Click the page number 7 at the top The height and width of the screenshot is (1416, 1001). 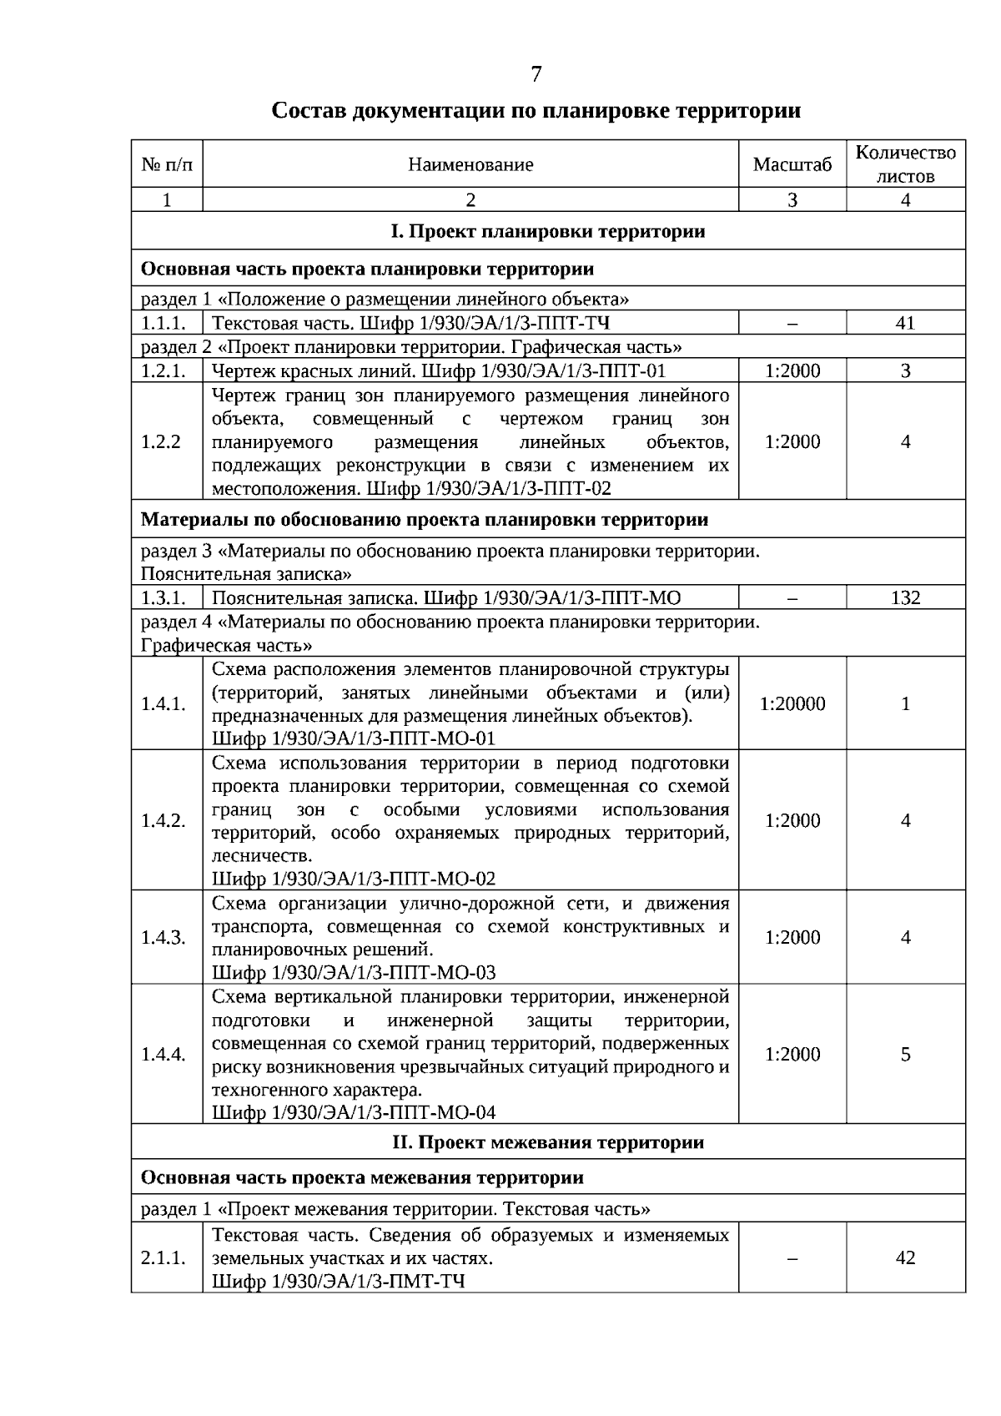536,75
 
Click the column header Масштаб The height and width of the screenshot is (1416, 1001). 792,164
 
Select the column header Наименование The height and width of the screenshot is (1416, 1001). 470,164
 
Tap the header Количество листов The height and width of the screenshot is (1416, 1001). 905,164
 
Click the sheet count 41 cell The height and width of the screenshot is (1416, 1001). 905,323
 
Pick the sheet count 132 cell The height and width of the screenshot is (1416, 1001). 905,597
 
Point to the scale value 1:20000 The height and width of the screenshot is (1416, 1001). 792,704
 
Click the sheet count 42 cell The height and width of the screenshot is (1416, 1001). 905,1258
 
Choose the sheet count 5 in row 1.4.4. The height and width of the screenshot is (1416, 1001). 905,1055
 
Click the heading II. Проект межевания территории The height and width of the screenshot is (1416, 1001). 548,1142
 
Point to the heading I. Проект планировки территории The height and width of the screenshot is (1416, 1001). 548,231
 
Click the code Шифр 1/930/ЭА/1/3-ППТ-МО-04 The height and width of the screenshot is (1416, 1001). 354,1113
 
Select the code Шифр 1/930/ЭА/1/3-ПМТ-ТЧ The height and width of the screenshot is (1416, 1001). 338,1282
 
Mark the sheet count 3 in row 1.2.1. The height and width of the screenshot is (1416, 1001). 905,371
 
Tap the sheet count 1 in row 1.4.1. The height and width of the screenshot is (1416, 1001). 905,704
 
